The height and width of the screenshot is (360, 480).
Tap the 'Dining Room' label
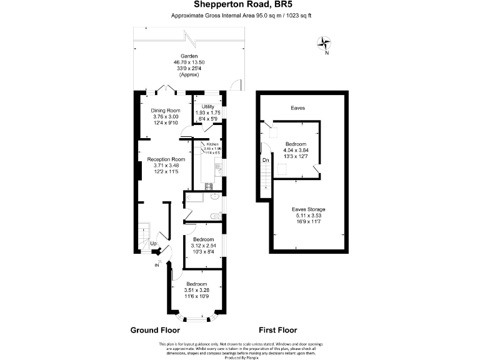click(166, 111)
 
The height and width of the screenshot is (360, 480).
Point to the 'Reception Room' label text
click(166, 159)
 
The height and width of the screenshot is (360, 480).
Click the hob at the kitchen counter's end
click(209, 185)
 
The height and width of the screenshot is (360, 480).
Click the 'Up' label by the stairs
click(152, 244)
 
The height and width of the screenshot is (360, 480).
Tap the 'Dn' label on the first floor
click(266, 159)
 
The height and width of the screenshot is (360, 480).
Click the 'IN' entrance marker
click(157, 265)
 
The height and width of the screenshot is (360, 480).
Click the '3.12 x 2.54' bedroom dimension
click(203, 246)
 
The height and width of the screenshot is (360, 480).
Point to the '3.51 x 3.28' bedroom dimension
click(197, 290)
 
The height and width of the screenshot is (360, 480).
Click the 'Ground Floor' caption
click(154, 329)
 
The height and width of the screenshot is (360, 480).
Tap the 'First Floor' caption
click(277, 329)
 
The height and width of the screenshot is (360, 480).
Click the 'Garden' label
click(189, 56)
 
